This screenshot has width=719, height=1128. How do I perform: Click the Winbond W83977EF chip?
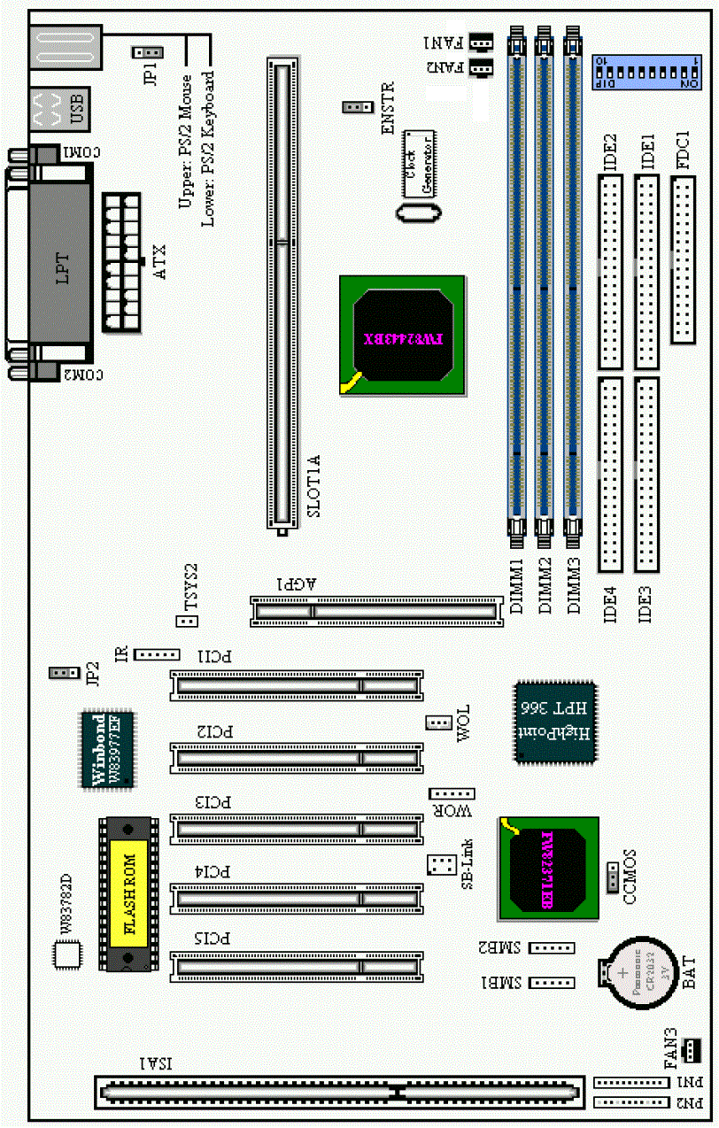click(107, 749)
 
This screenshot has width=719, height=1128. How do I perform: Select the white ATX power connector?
click(122, 263)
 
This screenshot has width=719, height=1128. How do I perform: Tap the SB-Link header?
click(439, 864)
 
